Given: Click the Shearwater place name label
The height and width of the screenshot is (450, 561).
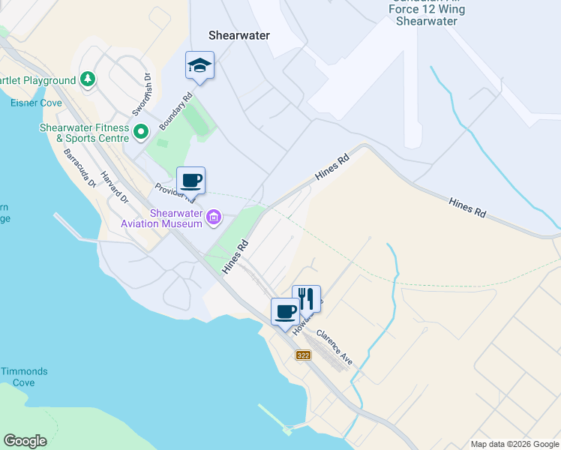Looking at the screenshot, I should [238, 35].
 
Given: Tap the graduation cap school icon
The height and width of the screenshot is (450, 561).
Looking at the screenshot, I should [199, 65].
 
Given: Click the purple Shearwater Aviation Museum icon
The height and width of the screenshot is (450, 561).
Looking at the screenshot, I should [214, 218].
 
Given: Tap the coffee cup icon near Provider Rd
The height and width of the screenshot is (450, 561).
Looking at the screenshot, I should [190, 181].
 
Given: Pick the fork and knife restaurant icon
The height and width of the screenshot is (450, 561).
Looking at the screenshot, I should [306, 298].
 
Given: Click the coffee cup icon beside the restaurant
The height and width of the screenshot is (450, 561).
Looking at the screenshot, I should [285, 311].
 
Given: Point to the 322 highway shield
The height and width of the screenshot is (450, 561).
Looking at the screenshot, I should [303, 355].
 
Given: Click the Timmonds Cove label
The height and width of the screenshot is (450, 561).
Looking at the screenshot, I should [24, 376].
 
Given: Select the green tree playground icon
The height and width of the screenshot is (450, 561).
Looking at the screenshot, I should [88, 79].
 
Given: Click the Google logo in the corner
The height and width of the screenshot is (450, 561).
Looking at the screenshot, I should [25, 440].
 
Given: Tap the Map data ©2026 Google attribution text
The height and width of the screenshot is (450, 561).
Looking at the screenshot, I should [514, 444].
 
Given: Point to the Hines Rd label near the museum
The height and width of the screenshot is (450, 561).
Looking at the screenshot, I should [235, 256].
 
